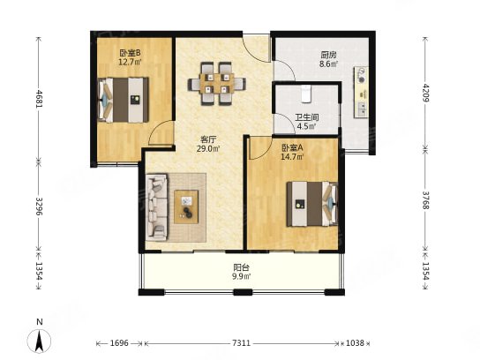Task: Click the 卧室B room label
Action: point(130,53)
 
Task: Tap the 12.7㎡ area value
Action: point(130,62)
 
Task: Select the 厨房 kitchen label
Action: point(329,56)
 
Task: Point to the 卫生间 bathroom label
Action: point(307,117)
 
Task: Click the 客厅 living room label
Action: point(208,140)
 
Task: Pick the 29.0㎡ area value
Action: point(208,149)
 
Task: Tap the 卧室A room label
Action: point(292,148)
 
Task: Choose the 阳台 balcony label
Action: point(241,267)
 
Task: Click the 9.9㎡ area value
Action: point(242,276)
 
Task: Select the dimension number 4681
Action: point(39,98)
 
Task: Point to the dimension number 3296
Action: point(39,206)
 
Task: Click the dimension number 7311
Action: point(241,343)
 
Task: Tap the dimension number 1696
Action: point(119,343)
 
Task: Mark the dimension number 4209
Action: point(426,93)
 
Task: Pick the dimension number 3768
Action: point(426,200)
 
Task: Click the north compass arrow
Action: point(39,341)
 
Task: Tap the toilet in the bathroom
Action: point(306,93)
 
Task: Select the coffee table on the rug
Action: point(186,207)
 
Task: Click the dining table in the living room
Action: point(217,83)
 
